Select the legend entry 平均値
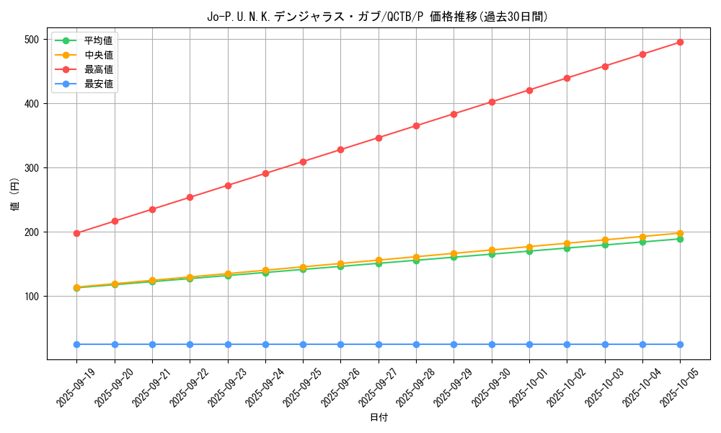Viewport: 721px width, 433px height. [x=98, y=40]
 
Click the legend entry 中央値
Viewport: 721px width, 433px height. [x=98, y=55]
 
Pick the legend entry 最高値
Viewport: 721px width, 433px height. [x=98, y=69]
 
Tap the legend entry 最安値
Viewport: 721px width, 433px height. [x=98, y=84]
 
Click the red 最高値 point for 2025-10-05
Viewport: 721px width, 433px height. [x=680, y=43]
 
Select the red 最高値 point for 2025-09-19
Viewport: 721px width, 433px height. [x=77, y=233]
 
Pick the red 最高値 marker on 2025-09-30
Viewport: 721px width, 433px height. [x=492, y=102]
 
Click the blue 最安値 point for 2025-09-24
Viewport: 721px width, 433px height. [x=265, y=344]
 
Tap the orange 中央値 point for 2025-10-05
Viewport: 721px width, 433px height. [x=680, y=233]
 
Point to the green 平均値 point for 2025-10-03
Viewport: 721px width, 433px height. [x=605, y=245]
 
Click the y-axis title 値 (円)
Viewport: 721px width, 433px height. [x=15, y=194]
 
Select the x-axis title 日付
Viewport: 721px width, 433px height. [x=379, y=418]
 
